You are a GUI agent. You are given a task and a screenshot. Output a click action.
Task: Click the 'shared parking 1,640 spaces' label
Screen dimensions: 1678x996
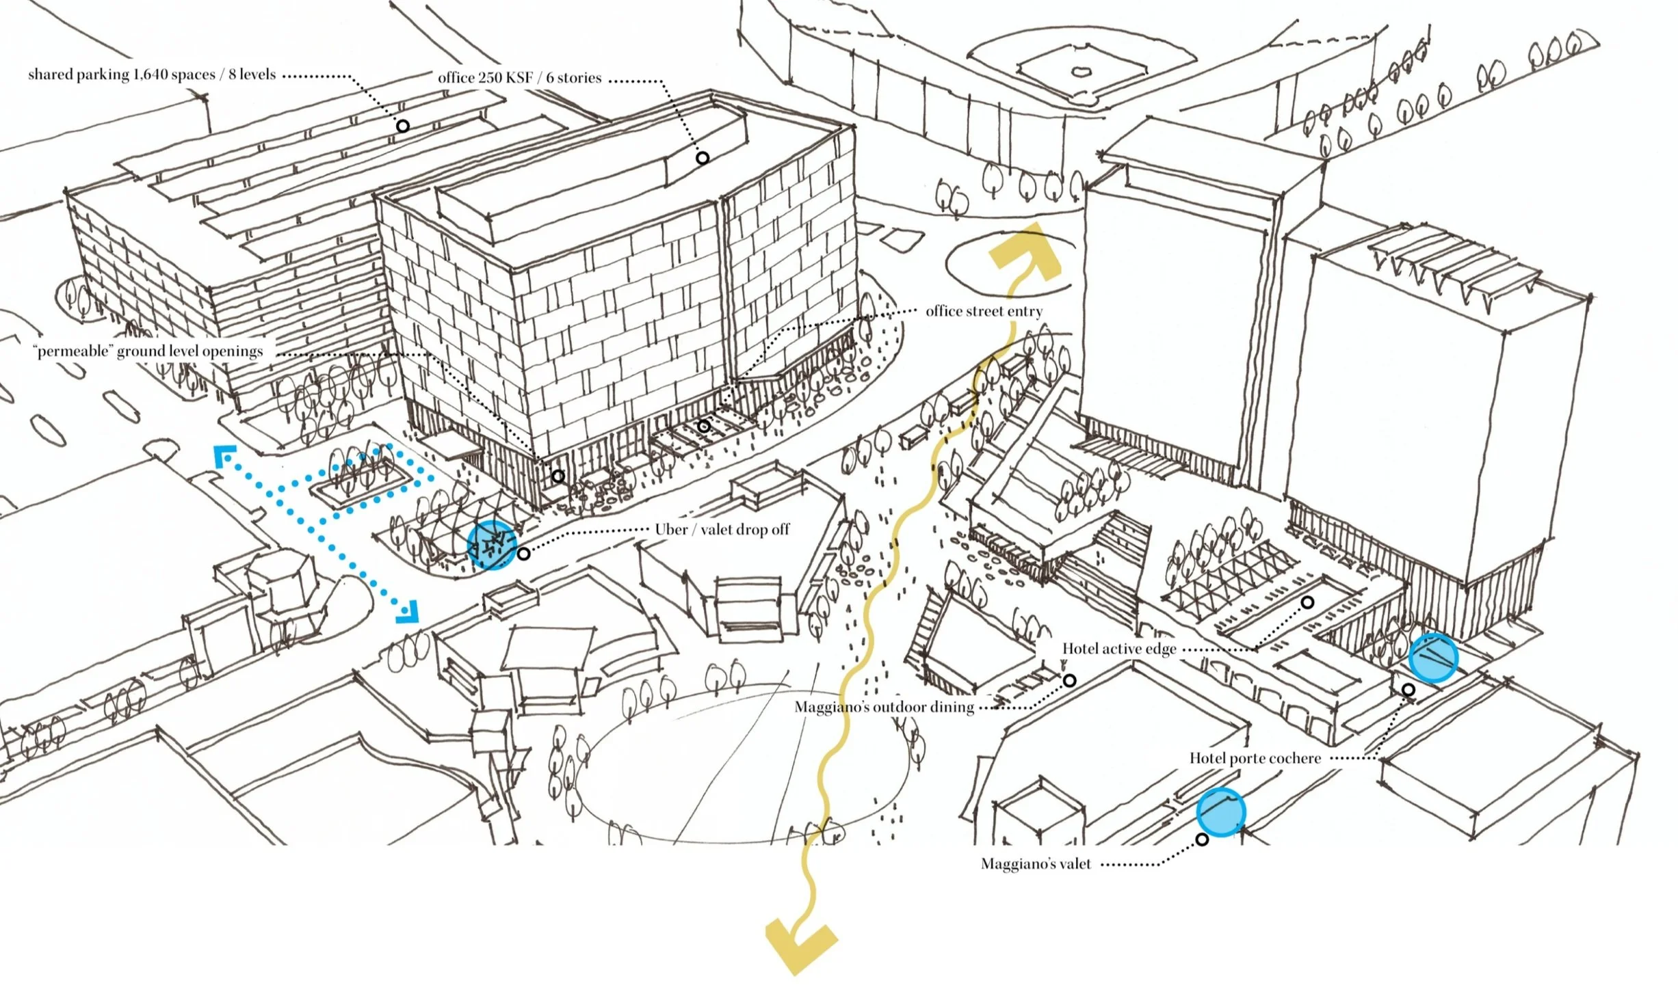(x=151, y=75)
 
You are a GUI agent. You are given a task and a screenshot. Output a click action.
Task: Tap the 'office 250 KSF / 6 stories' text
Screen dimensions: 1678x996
(x=519, y=78)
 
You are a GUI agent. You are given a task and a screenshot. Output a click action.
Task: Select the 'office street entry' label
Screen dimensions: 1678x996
(x=984, y=312)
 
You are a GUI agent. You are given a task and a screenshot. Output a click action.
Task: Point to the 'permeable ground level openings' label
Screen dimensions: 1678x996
(x=148, y=351)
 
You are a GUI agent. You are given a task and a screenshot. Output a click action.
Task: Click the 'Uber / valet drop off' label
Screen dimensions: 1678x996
(x=722, y=530)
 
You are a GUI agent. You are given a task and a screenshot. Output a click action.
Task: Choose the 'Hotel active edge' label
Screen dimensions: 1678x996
(x=1119, y=649)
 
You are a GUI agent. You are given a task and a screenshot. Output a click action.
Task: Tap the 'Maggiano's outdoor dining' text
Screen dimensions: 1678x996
(x=884, y=708)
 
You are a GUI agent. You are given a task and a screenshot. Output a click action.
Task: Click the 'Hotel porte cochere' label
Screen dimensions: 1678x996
(x=1255, y=758)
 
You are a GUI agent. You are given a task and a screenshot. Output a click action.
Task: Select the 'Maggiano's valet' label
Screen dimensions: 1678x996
(x=1036, y=864)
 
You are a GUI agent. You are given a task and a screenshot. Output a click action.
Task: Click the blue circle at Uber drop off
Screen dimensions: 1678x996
(x=491, y=545)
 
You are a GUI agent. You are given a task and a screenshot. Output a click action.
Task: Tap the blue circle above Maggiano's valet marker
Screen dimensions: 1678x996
(x=1220, y=812)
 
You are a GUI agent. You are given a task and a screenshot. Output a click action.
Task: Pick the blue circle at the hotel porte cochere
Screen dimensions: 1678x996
(x=1433, y=658)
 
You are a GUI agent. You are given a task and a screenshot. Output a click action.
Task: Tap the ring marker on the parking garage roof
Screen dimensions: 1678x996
(x=403, y=126)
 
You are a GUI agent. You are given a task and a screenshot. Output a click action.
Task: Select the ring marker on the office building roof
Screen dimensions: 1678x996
(x=703, y=158)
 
